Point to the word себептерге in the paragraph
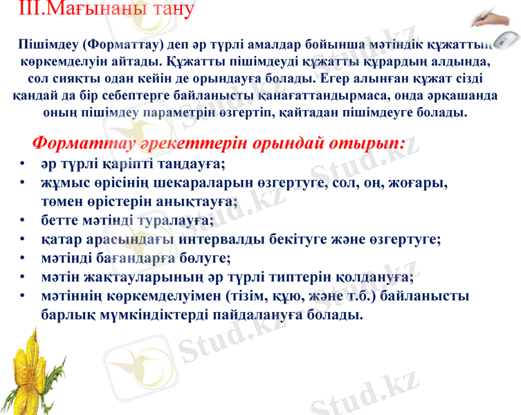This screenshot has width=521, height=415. (173, 93)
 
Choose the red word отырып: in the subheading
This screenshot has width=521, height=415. (366, 144)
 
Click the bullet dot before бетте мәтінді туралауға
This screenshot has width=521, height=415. (24, 222)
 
